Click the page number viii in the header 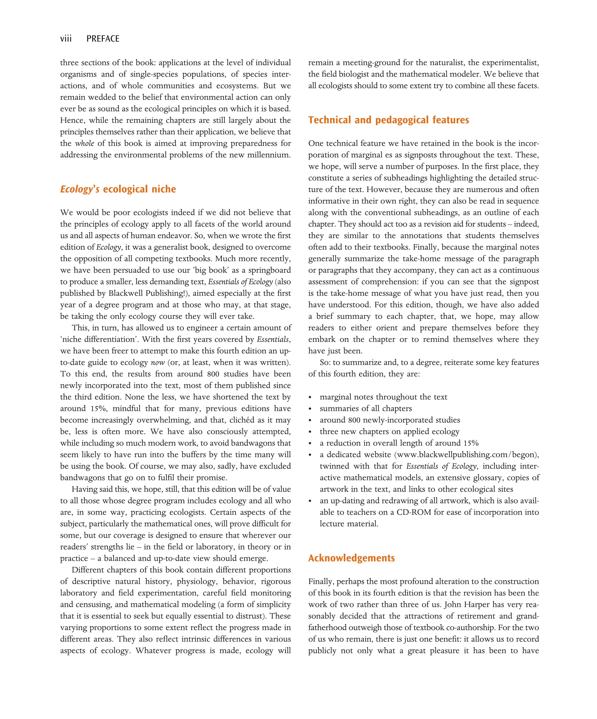(66, 39)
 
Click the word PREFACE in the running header (103, 39)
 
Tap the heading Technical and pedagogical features (388, 120)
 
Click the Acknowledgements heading (351, 558)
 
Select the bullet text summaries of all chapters (365, 409)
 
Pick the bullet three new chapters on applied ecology (389, 431)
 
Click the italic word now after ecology (158, 362)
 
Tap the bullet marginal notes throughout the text (383, 397)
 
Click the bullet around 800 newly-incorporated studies (390, 420)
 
